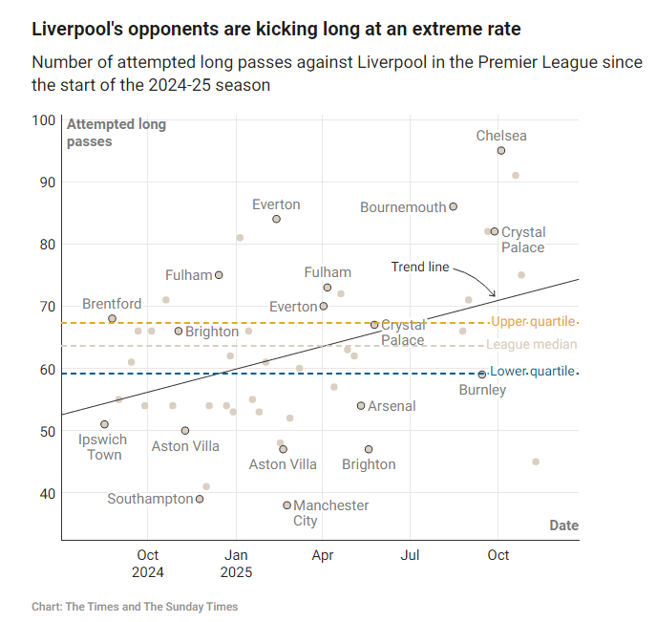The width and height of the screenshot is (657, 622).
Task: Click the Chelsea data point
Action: [501, 151]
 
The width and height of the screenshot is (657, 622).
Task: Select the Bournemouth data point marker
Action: [454, 206]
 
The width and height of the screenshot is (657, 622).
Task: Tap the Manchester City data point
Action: [286, 505]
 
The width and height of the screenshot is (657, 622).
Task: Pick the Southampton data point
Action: [200, 499]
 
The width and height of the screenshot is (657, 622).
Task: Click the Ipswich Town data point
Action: [104, 424]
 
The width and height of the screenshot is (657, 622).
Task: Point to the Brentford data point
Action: [113, 318]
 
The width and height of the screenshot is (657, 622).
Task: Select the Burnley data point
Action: [482, 374]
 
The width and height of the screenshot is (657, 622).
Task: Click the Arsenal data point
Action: [361, 406]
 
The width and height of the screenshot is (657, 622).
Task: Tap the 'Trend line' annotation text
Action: [420, 268]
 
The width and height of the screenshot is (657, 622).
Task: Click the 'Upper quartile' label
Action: [534, 321]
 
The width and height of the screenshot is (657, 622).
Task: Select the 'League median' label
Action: [532, 345]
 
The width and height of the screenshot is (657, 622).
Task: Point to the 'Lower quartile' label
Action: [534, 371]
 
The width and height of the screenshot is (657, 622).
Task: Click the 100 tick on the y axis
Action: [43, 120]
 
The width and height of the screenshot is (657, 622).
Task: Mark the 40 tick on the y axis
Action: [46, 494]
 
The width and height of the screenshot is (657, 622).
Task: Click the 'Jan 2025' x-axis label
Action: [236, 564]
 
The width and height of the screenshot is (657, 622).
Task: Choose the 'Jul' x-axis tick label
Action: [411, 555]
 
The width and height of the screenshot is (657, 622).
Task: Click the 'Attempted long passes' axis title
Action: [116, 133]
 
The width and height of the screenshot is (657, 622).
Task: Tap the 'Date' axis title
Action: [563, 525]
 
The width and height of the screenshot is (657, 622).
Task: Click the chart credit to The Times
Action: [135, 607]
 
